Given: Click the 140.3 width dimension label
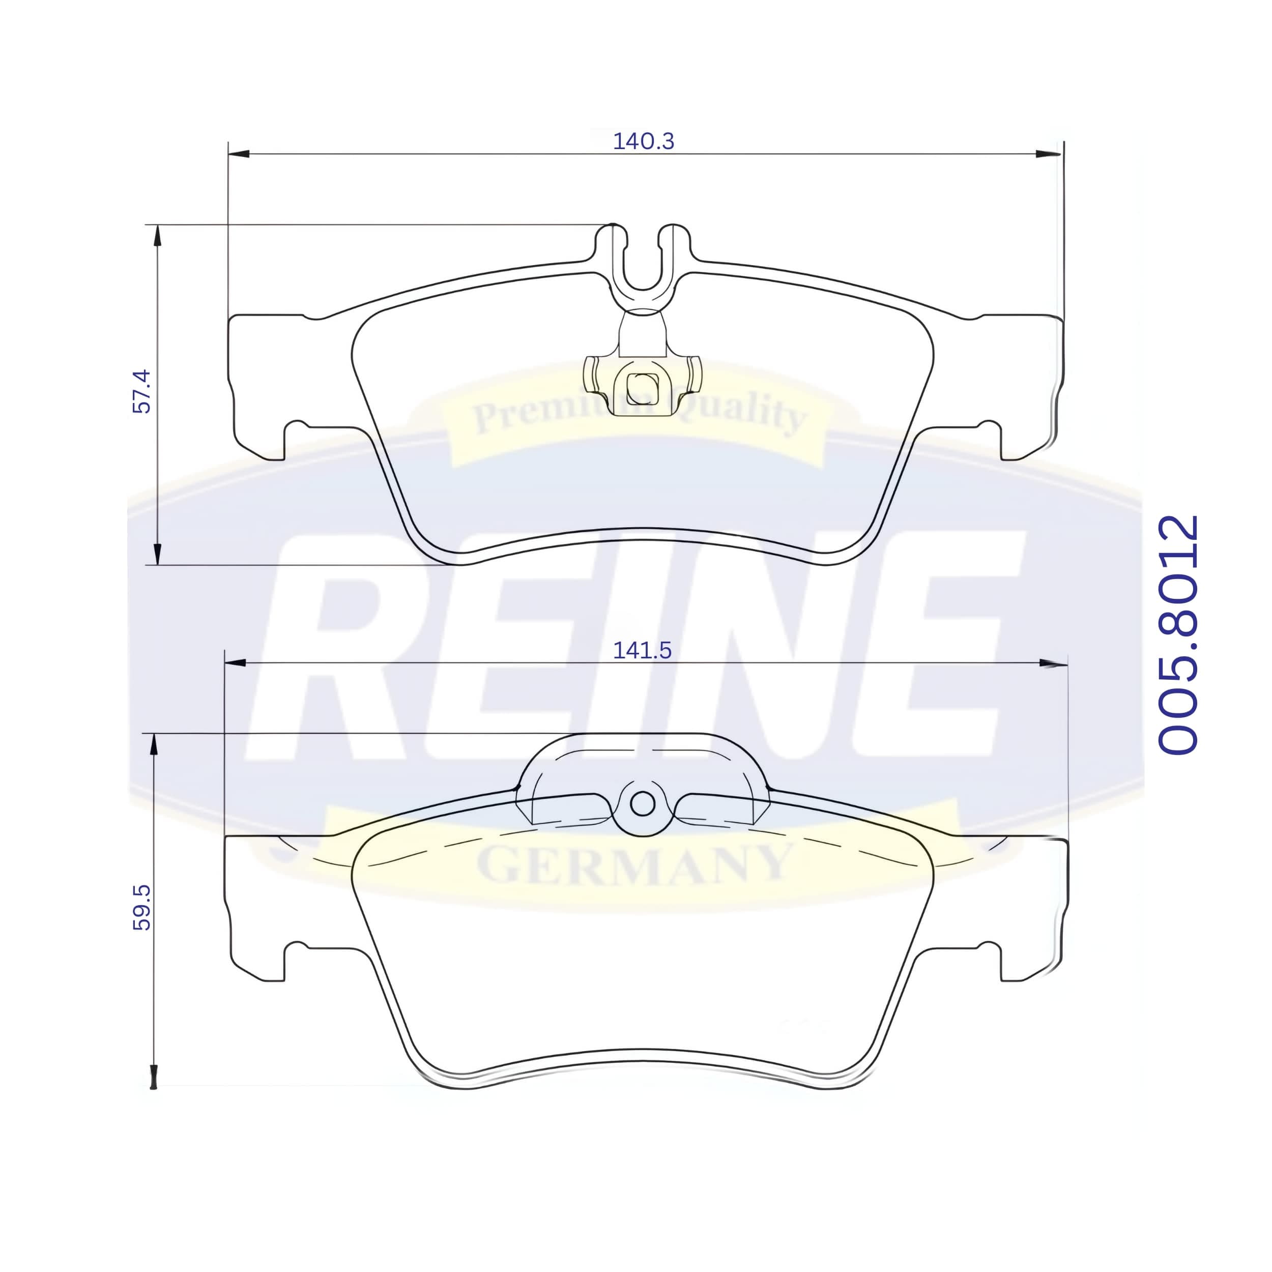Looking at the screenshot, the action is tap(643, 141).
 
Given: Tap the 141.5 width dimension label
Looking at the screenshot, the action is tap(642, 650).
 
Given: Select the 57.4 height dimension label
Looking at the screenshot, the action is tap(141, 391).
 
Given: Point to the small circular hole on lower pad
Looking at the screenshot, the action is tap(643, 803).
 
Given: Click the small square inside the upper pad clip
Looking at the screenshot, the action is tap(642, 388).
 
